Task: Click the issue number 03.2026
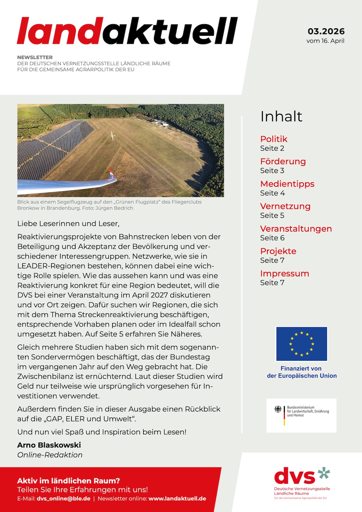(326, 31)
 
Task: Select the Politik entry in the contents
(273, 139)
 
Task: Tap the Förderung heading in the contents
(283, 161)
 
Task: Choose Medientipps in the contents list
(287, 184)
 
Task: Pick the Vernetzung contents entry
(285, 206)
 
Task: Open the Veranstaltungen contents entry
(296, 229)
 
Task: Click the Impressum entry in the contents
(284, 273)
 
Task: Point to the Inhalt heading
(281, 116)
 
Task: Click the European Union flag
(301, 344)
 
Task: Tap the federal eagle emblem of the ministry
(278, 409)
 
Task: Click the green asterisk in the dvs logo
(324, 473)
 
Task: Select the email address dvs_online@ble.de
(64, 499)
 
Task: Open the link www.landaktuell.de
(177, 499)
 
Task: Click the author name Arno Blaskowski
(49, 445)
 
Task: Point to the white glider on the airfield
(112, 136)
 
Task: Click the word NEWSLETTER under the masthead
(35, 57)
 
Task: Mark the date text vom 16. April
(325, 41)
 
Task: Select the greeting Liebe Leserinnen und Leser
(68, 224)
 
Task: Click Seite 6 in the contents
(272, 238)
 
